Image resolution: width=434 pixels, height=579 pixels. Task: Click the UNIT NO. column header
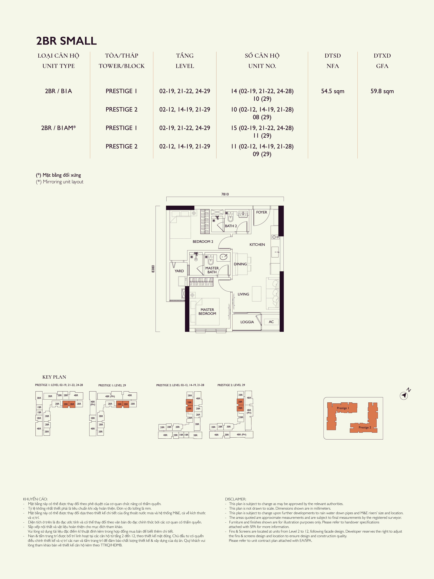(262, 66)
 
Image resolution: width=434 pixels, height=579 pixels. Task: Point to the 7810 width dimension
(225, 194)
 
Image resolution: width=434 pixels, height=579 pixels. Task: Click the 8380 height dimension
(153, 269)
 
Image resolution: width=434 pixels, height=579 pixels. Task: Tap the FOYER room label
(262, 212)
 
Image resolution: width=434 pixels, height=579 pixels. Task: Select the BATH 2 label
(231, 226)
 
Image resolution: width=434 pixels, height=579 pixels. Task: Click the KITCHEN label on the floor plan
(257, 244)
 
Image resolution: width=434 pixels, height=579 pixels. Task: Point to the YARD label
(179, 271)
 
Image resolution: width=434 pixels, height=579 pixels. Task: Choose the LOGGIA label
(247, 322)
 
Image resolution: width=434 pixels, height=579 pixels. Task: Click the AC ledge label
(271, 322)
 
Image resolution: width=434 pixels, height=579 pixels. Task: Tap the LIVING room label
(243, 294)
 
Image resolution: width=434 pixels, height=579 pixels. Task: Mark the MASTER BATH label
(212, 270)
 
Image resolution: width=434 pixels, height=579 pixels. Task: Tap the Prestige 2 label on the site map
(365, 427)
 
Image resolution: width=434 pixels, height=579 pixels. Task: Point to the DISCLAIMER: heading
(235, 499)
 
